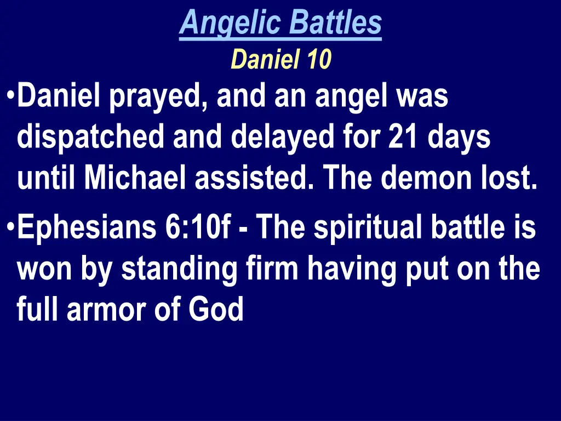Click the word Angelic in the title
[x=230, y=23]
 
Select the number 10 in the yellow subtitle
[x=319, y=59]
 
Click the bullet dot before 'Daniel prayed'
[x=12, y=96]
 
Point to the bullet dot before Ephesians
[x=12, y=227]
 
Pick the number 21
[x=403, y=138]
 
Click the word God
[x=216, y=310]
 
